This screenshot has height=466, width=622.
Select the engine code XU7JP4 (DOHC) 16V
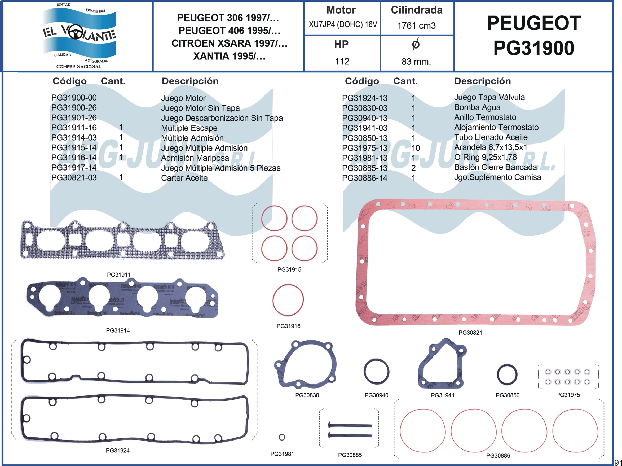click(342, 24)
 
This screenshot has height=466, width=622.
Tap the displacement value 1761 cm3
click(416, 26)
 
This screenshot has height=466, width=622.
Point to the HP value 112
click(342, 61)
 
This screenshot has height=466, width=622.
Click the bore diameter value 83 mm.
click(416, 61)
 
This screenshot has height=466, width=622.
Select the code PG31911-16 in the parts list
click(74, 128)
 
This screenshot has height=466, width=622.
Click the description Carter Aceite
click(184, 178)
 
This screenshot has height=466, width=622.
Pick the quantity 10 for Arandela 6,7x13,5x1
click(416, 148)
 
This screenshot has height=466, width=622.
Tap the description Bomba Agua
click(477, 107)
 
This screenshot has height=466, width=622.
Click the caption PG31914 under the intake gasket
click(118, 330)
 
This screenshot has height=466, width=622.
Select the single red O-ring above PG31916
click(288, 300)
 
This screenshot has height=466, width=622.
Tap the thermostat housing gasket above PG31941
click(442, 364)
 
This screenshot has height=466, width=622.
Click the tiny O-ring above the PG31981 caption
click(282, 437)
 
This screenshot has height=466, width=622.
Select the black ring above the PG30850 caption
click(507, 374)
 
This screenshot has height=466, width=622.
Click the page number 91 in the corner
click(618, 462)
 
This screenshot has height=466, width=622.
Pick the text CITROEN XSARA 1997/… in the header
click(229, 43)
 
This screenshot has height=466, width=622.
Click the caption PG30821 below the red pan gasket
click(470, 333)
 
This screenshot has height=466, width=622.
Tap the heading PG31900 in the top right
click(533, 48)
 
